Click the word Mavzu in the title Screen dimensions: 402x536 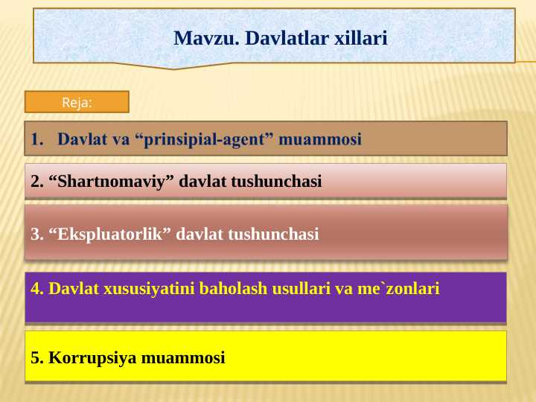pyautogui.click(x=198, y=37)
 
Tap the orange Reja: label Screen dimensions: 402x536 pyautogui.click(x=77, y=103)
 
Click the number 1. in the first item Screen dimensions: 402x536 pyautogui.click(x=37, y=138)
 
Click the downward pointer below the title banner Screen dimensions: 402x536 pyautogui.click(x=174, y=66)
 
